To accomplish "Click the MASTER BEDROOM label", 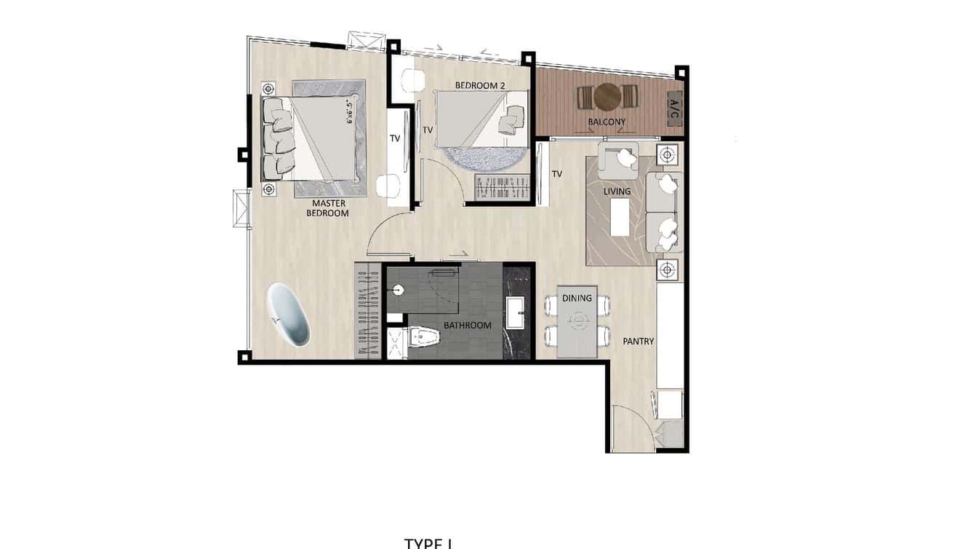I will (x=329, y=208).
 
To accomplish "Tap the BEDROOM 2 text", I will (x=480, y=86).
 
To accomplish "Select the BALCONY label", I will (x=607, y=122).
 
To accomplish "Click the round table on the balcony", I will (x=607, y=96).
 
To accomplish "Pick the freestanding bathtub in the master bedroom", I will (x=288, y=314).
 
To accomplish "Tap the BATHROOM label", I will (x=468, y=325).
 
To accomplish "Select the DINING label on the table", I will (x=577, y=298).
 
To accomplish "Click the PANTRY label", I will (x=638, y=341).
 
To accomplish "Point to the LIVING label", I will (x=617, y=191).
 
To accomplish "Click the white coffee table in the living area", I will (x=620, y=217).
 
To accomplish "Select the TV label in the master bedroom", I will (x=395, y=138).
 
